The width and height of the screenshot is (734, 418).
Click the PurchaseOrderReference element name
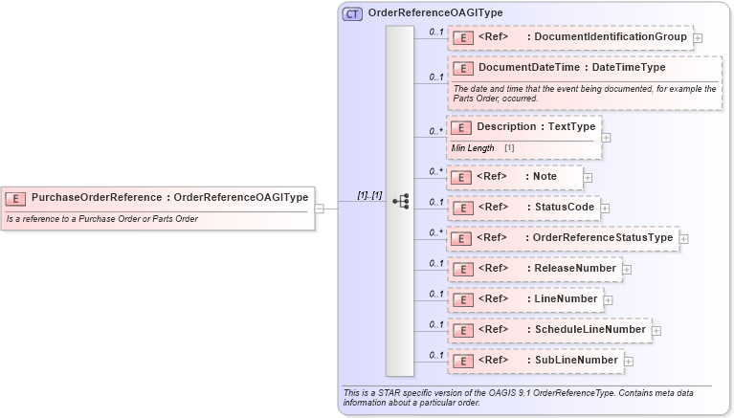pyautogui.click(x=96, y=198)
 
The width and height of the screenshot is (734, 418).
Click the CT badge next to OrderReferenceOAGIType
pyautogui.click(x=352, y=13)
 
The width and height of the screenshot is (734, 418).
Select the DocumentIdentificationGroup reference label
pyautogui.click(x=610, y=37)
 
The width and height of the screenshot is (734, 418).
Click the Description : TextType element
pyautogui.click(x=536, y=127)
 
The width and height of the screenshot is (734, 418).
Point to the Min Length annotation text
pyautogui.click(x=473, y=148)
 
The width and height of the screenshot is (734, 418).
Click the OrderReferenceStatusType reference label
pyautogui.click(x=603, y=237)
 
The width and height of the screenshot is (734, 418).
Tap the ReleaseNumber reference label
pyautogui.click(x=575, y=269)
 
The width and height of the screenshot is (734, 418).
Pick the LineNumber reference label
pyautogui.click(x=566, y=299)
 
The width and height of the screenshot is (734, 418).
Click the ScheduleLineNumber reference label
pyautogui.click(x=589, y=330)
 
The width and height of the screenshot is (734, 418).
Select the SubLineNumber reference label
pyautogui.click(x=576, y=361)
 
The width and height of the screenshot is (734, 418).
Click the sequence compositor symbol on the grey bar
pyautogui.click(x=400, y=201)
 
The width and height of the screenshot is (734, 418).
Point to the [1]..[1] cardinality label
pyautogui.click(x=369, y=195)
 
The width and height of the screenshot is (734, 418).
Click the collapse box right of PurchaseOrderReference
pyautogui.click(x=319, y=208)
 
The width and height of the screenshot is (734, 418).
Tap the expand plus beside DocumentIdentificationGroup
pyautogui.click(x=698, y=38)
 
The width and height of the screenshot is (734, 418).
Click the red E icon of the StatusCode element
pyautogui.click(x=462, y=208)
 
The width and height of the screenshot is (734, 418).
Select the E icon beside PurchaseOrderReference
pyautogui.click(x=15, y=198)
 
